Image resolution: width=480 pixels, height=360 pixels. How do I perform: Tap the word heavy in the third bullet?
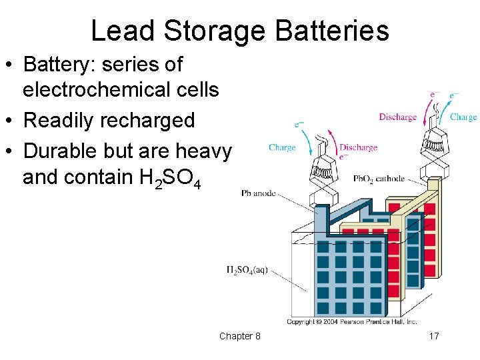pos(203,151)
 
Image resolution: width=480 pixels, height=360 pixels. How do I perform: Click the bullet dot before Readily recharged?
pos(11,121)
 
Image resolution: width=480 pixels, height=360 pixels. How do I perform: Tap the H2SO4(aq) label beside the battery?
pos(247,270)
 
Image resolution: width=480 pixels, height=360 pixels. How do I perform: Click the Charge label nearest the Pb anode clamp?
pos(282,147)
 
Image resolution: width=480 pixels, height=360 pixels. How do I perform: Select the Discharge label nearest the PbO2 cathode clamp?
pos(397,117)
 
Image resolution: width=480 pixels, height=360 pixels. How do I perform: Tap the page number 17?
pos(433,336)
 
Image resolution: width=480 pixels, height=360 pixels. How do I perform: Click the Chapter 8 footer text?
pos(240,336)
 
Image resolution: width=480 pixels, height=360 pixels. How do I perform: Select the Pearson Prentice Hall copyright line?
pos(351,321)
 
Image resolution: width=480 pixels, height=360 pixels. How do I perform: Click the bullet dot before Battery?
pos(11,65)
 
